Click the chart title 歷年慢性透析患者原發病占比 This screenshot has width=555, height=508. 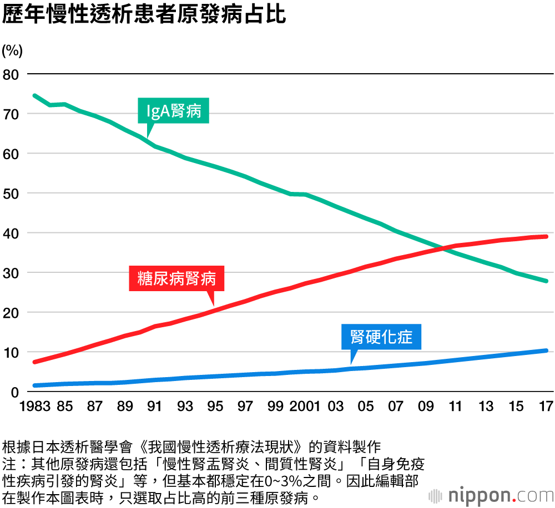click(x=144, y=15)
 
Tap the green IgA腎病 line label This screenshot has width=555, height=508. click(x=174, y=112)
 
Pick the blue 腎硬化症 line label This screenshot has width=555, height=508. click(x=382, y=337)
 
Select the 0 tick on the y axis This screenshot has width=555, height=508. click(x=15, y=392)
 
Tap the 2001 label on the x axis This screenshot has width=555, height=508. click(x=305, y=407)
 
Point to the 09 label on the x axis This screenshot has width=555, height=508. click(x=426, y=407)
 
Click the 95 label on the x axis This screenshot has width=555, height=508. click(x=215, y=407)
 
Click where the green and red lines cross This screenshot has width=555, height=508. click(x=442, y=247)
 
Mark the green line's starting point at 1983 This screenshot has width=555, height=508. click(x=34, y=95)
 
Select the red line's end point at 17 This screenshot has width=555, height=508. click(x=547, y=236)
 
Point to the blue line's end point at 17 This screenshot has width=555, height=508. click(x=547, y=350)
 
